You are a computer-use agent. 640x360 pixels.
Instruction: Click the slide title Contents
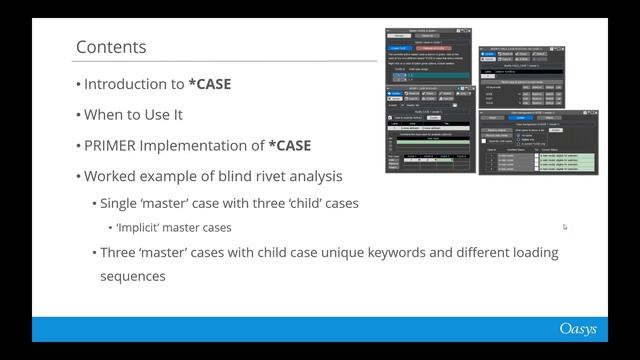(x=111, y=47)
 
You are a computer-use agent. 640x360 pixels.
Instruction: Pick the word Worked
(x=108, y=177)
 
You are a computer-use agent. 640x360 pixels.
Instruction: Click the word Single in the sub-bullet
(x=121, y=203)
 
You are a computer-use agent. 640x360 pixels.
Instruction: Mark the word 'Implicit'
(x=142, y=228)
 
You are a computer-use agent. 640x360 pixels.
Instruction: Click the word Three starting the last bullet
(x=120, y=252)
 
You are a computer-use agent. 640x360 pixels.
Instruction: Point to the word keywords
(x=385, y=252)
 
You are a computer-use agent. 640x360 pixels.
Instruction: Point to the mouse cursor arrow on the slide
(x=565, y=227)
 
